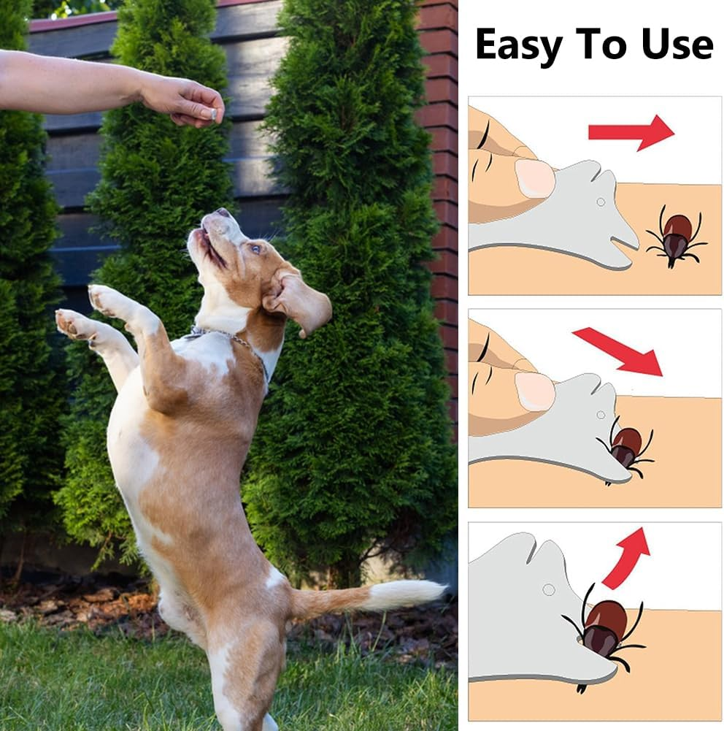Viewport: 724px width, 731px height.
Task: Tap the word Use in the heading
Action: (x=678, y=45)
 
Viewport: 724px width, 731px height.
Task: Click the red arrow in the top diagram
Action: (x=631, y=132)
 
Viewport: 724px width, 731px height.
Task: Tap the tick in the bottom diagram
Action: (x=603, y=630)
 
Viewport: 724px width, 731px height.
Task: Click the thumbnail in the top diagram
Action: (x=534, y=177)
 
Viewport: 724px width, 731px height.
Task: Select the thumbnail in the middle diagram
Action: (x=534, y=391)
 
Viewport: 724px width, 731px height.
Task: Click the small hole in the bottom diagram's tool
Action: (x=548, y=589)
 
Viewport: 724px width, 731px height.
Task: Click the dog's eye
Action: (x=255, y=248)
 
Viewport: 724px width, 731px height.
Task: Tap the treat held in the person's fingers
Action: (x=213, y=113)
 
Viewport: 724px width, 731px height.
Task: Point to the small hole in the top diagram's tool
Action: (x=600, y=202)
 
